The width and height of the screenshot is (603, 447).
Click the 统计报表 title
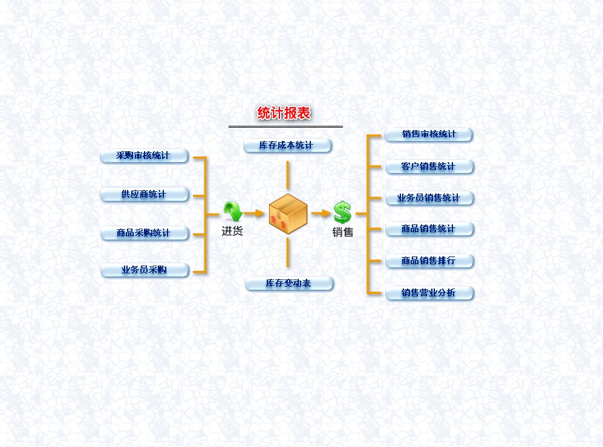pos(284,113)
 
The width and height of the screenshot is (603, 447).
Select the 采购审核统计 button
pos(144,156)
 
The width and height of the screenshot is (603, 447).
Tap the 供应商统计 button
pos(144,195)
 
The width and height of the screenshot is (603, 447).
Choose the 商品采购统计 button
pos(144,233)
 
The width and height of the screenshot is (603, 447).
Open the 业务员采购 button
pos(144,270)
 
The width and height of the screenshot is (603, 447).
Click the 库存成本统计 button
pos(287,146)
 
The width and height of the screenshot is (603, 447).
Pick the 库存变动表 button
pos(288,284)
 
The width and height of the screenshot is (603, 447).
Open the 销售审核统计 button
pos(429,134)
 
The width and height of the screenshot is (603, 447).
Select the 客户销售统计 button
pos(429,166)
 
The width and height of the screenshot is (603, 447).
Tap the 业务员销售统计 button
pos(429,198)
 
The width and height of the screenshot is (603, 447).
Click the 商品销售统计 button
pos(429,229)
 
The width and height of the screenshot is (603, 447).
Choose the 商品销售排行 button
pos(429,261)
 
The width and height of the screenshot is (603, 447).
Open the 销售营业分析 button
pos(429,293)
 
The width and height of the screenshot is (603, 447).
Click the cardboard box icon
pos(288,214)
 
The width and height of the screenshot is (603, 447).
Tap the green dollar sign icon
pos(342,212)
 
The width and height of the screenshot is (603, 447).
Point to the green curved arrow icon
pos(232,212)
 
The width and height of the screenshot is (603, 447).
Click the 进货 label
pos(232,231)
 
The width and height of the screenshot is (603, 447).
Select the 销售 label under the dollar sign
pos(343,232)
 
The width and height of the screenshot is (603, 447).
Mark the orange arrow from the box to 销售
pos(321,214)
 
